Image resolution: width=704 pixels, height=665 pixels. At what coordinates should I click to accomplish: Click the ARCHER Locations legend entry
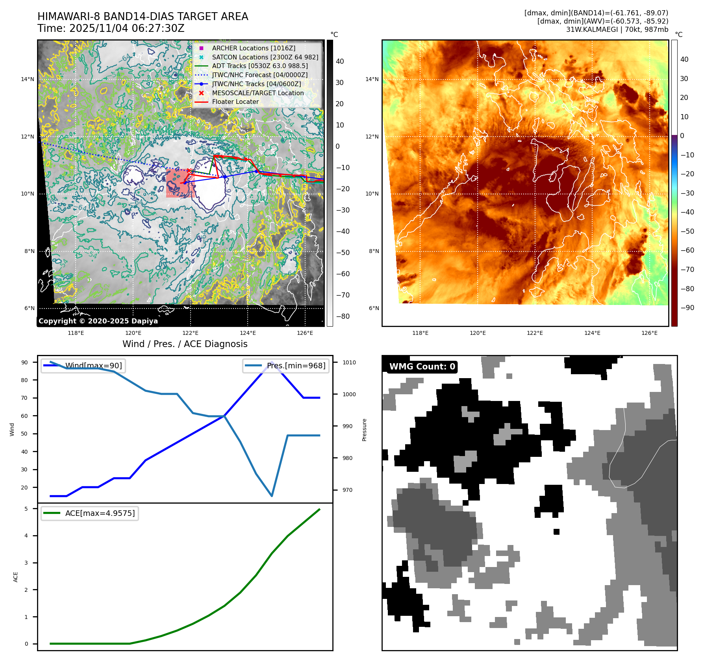point(253,48)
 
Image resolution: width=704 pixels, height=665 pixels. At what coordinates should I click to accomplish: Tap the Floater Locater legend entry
point(235,102)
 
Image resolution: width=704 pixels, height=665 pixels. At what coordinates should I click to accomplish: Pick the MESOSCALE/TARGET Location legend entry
point(258,93)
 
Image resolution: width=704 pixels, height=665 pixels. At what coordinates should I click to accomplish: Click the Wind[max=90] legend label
point(93,366)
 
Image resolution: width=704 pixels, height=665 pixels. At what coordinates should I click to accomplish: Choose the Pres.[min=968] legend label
point(296,366)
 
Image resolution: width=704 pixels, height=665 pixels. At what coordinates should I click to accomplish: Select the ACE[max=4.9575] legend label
point(100,513)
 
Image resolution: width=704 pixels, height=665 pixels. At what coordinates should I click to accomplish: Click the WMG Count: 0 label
point(422,367)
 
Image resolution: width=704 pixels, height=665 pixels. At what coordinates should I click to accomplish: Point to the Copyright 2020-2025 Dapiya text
point(98,321)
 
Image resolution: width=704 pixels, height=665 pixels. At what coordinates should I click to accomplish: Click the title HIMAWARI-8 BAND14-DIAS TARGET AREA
point(143,17)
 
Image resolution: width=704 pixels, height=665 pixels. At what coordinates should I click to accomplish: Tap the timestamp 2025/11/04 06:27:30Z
point(127,28)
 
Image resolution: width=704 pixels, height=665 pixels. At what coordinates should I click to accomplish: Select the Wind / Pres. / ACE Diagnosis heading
point(185,344)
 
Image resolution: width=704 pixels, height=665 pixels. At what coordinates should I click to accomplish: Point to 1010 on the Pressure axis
point(349,362)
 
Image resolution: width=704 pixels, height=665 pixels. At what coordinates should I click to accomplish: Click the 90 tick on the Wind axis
point(24,362)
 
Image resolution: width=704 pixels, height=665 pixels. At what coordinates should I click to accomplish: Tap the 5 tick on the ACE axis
point(26,509)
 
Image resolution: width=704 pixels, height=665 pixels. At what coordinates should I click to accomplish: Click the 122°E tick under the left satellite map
point(191,333)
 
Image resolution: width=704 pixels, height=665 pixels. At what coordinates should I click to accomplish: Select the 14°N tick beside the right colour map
point(372,79)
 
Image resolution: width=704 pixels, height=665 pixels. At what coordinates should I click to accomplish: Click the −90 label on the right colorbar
point(687,308)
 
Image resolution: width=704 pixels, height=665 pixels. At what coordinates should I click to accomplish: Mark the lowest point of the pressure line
point(272,496)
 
